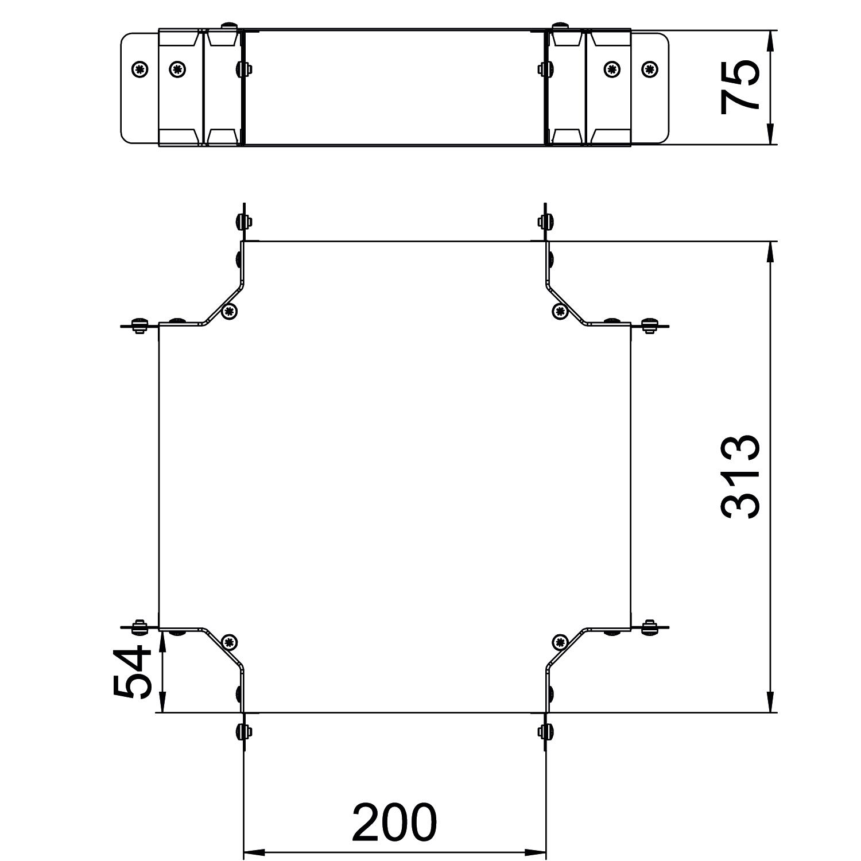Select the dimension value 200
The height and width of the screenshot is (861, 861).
pyautogui.click(x=394, y=822)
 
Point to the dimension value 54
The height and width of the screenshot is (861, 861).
pyautogui.click(x=133, y=671)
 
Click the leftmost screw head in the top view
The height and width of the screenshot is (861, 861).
pyautogui.click(x=139, y=69)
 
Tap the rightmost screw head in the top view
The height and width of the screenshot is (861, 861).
pyautogui.click(x=650, y=69)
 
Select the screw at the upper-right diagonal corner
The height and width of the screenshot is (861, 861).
pyautogui.click(x=560, y=311)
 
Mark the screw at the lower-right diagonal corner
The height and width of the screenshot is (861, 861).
pyautogui.click(x=560, y=642)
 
